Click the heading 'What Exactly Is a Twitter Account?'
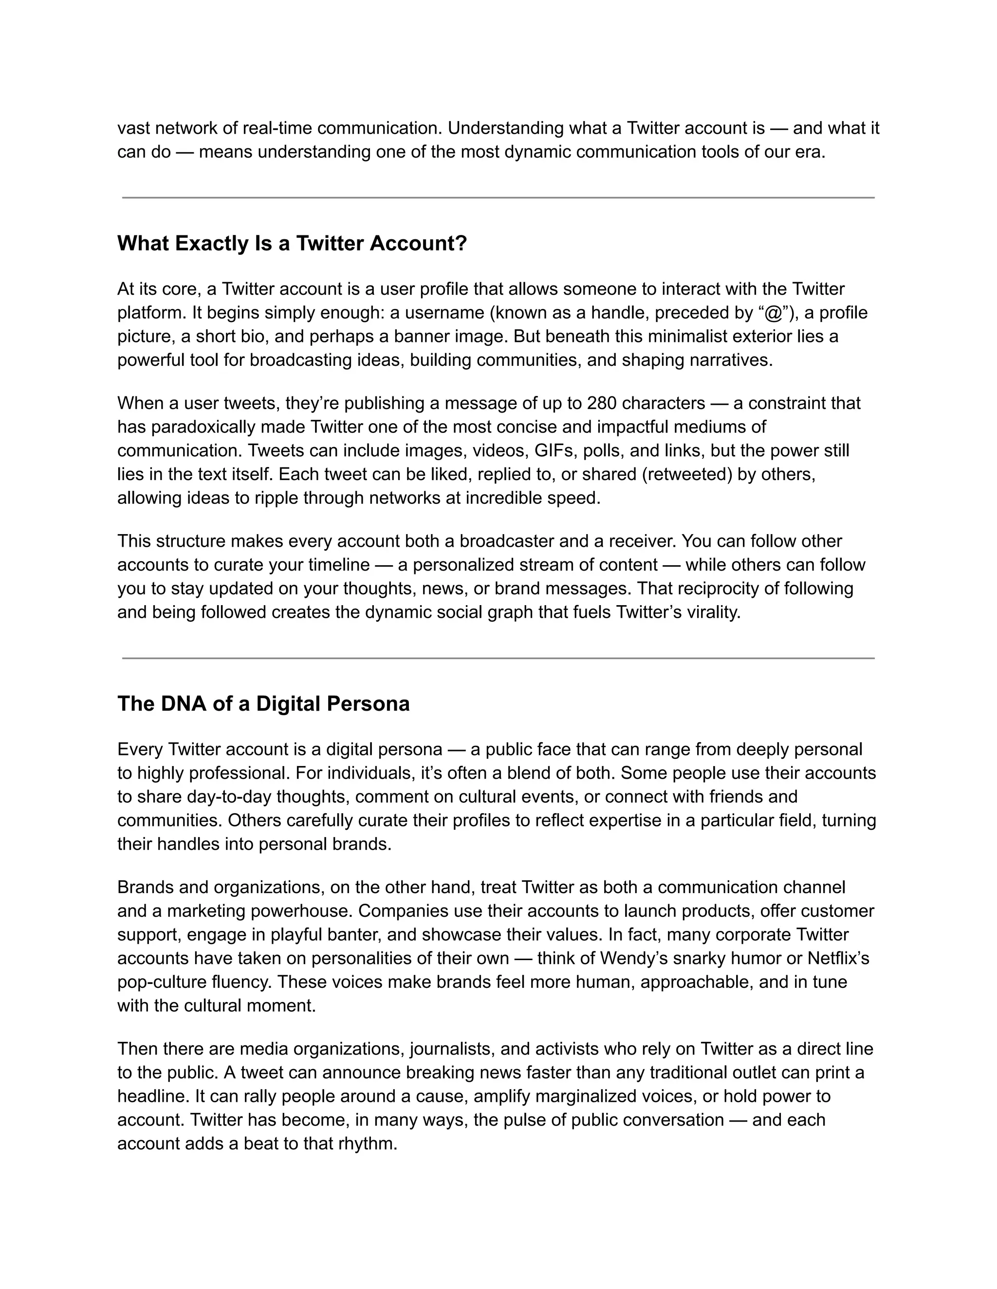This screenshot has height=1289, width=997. pyautogui.click(x=292, y=243)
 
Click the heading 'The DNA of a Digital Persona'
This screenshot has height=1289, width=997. pyautogui.click(x=263, y=703)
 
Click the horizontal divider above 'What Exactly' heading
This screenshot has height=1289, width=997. pyautogui.click(x=498, y=197)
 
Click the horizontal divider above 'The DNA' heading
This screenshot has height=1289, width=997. pyautogui.click(x=498, y=658)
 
